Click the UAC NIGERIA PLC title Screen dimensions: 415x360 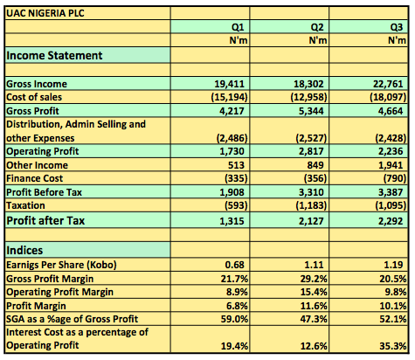pyautogui.click(x=45, y=13)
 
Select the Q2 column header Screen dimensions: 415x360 pyautogui.click(x=317, y=27)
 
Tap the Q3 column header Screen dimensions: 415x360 pyautogui.click(x=397, y=27)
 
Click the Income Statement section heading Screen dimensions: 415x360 pyautogui.click(x=54, y=55)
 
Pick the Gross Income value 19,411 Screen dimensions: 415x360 pyautogui.click(x=229, y=84)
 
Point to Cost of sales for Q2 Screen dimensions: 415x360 pyautogui.click(x=308, y=97)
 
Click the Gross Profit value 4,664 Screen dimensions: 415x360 pyautogui.click(x=391, y=111)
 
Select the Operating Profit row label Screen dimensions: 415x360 pyautogui.click(x=43, y=151)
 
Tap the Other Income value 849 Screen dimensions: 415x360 pyautogui.click(x=315, y=165)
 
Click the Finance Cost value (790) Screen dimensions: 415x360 pyautogui.click(x=395, y=178)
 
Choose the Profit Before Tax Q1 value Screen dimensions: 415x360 pyautogui.click(x=232, y=192)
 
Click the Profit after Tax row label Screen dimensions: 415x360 pyautogui.click(x=45, y=220)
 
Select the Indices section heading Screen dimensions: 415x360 pyautogui.click(x=24, y=250)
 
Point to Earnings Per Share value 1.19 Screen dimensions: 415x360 pyautogui.click(x=393, y=265)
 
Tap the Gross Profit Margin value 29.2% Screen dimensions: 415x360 pyautogui.click(x=314, y=279)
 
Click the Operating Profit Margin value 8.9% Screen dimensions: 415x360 pyautogui.click(x=237, y=292)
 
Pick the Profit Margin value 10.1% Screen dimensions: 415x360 pyautogui.click(x=393, y=306)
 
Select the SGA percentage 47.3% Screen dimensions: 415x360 pyautogui.click(x=314, y=319)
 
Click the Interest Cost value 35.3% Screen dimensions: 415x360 pyautogui.click(x=393, y=346)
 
